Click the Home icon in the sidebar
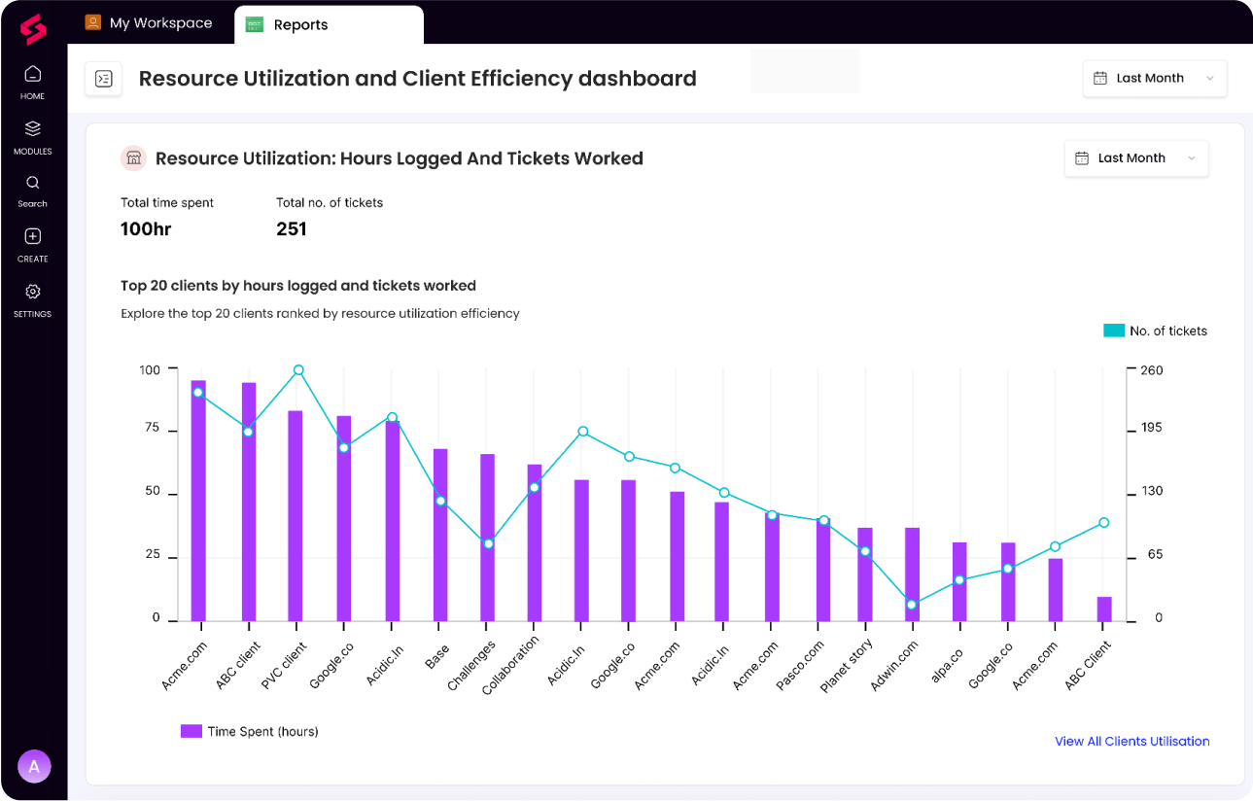(x=32, y=75)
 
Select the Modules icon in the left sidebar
(x=32, y=129)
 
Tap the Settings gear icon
(x=32, y=292)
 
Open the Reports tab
(x=299, y=24)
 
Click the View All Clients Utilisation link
(x=1131, y=741)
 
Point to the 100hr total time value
(x=146, y=229)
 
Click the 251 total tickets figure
(x=292, y=229)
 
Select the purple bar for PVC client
(x=296, y=515)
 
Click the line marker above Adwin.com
(x=912, y=605)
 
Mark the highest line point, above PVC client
(x=298, y=370)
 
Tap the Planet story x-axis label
(x=848, y=666)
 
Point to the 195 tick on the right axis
(x=1152, y=428)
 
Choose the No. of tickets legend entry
(x=1155, y=331)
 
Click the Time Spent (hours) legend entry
(x=250, y=731)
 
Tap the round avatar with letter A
(x=34, y=766)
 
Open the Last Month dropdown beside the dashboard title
(x=1154, y=79)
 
